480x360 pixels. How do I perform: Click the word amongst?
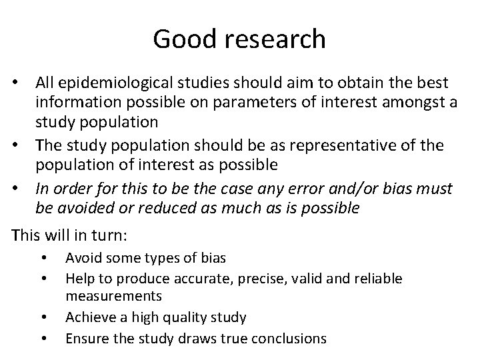383,103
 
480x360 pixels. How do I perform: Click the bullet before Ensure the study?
44,338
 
